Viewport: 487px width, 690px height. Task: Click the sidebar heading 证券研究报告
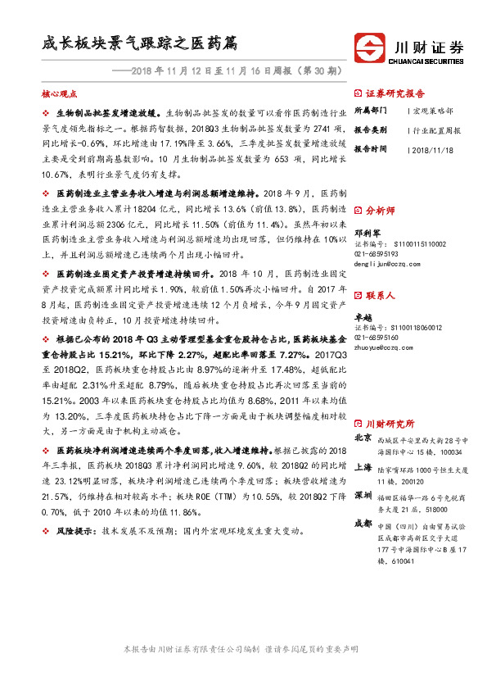[393, 93]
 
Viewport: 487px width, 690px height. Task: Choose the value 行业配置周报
[436, 129]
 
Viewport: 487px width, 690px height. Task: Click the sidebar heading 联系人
[381, 294]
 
